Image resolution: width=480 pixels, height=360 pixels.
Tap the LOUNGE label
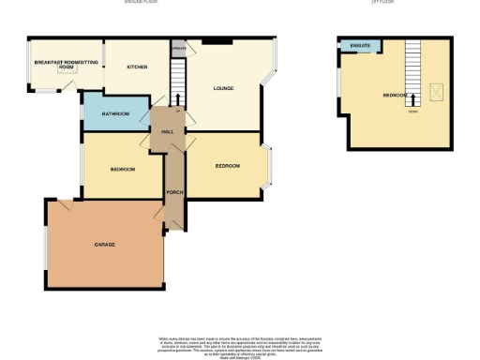coord(223,89)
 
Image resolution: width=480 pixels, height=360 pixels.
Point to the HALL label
coord(168,132)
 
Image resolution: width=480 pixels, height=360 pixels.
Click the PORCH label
coord(173,193)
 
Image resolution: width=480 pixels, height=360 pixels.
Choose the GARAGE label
coord(103,244)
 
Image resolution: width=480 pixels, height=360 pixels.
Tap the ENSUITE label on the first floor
coord(358,45)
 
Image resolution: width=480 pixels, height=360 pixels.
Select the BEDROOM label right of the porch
coord(227,166)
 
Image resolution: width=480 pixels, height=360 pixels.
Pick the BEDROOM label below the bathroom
coord(123,169)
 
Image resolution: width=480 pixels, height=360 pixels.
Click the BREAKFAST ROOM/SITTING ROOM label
coord(66,64)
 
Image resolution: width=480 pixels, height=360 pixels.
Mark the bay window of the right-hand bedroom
coord(268,165)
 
